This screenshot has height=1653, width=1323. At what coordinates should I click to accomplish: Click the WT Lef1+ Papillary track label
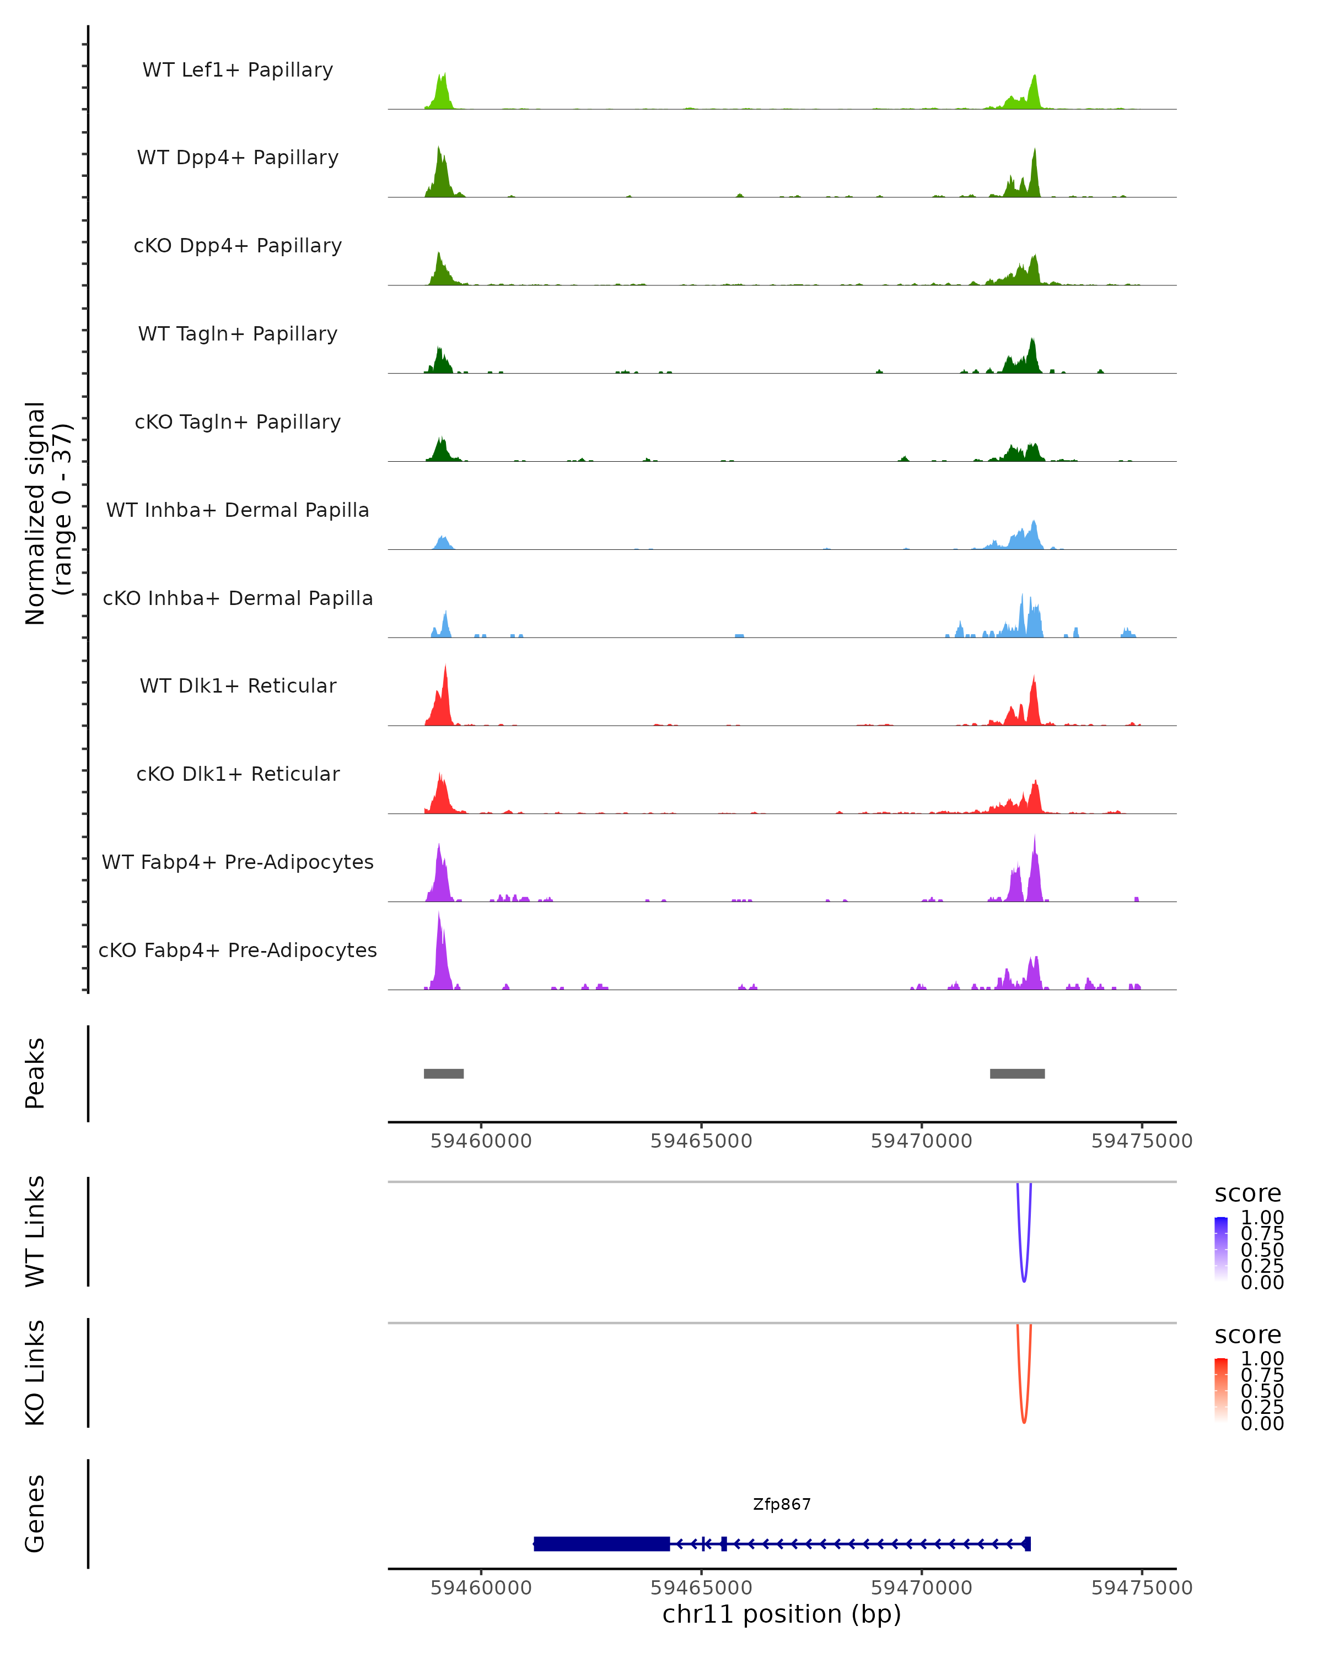tap(238, 70)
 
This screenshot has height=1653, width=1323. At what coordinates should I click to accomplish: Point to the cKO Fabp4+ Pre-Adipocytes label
tap(238, 950)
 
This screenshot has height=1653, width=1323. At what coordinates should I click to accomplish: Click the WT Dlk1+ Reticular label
tap(238, 685)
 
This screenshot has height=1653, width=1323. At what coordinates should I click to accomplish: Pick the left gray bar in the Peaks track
tap(443, 1073)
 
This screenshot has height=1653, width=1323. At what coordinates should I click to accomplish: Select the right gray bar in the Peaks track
tap(1017, 1073)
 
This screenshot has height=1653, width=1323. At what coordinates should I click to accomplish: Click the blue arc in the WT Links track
tap(1024, 1273)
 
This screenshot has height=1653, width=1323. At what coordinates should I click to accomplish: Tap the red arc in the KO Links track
tap(1024, 1414)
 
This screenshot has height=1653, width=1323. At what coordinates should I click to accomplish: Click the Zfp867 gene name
tap(782, 1504)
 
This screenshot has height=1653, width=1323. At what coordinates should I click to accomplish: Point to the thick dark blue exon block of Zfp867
tap(601, 1543)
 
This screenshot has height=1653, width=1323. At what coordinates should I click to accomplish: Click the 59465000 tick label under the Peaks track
tap(701, 1141)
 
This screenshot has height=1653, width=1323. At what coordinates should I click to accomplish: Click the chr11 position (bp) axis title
tap(782, 1614)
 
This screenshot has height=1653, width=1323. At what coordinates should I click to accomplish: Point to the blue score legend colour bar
tap(1221, 1248)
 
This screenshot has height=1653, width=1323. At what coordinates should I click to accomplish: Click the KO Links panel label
tap(35, 1373)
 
